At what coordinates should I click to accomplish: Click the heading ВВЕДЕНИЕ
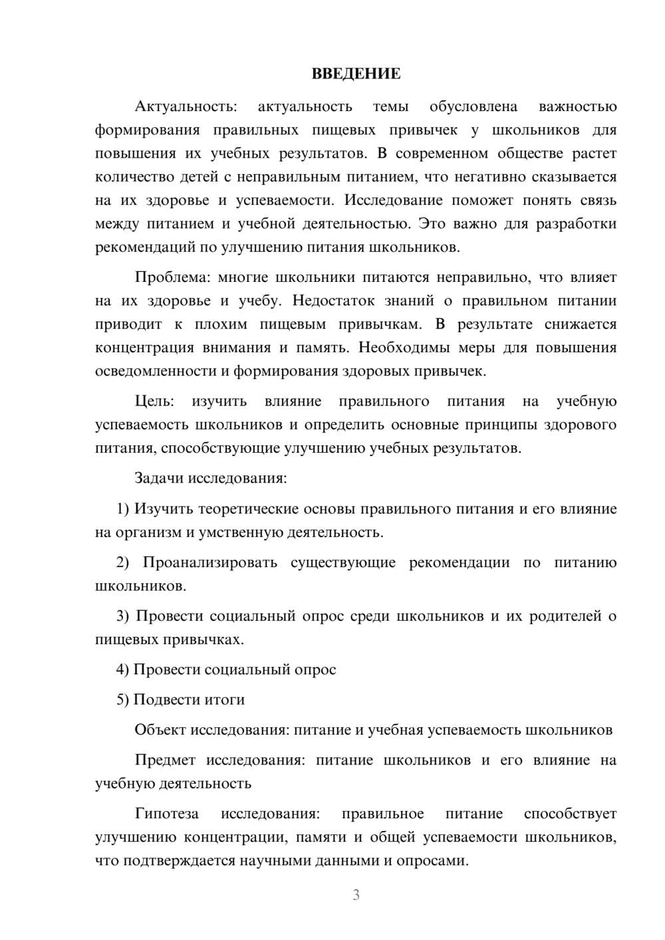click(x=356, y=74)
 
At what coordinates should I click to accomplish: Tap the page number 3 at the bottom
click(x=356, y=895)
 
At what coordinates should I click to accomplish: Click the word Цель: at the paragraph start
click(x=154, y=402)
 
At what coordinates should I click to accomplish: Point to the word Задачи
click(x=160, y=478)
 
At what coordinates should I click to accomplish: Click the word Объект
click(x=160, y=730)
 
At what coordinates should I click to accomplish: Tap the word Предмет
click(x=165, y=761)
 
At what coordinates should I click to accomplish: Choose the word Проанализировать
click(x=209, y=563)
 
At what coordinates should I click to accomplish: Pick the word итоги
click(x=225, y=700)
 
